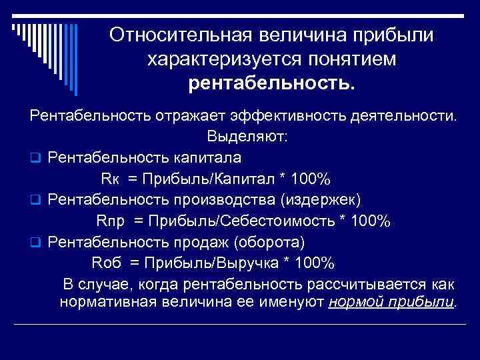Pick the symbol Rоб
(x=106, y=262)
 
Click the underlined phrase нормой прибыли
(x=391, y=302)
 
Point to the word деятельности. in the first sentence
(x=407, y=116)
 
